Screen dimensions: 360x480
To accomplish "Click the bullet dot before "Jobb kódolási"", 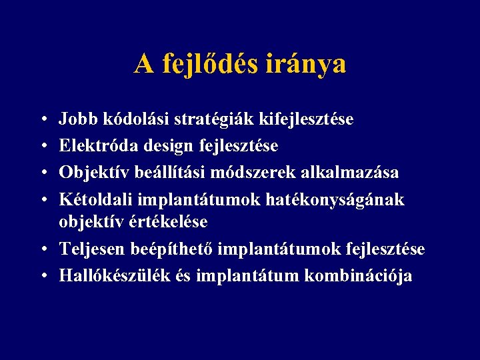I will tap(43, 121).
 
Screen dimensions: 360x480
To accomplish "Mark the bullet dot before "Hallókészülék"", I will tap(43, 276).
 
